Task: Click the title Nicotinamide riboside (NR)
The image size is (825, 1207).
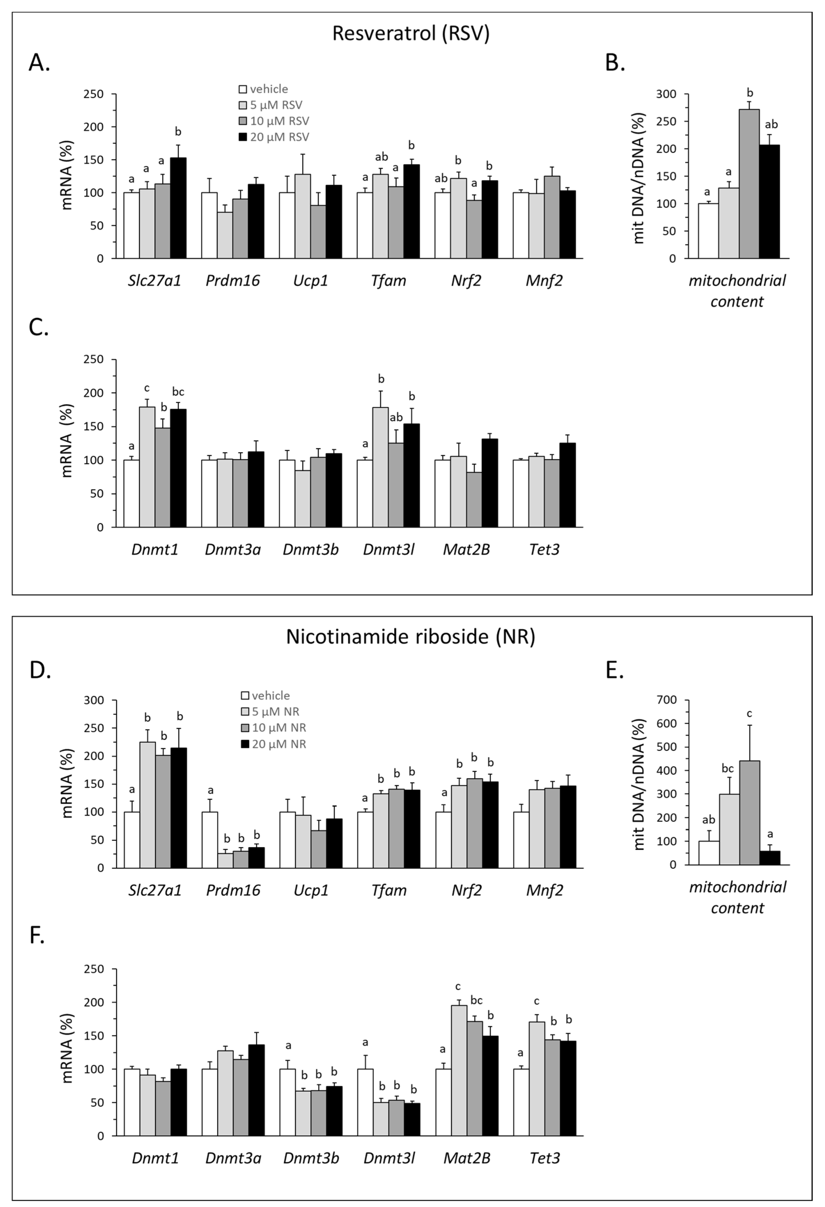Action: (411, 636)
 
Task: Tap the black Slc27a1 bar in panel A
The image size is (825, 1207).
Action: (178, 208)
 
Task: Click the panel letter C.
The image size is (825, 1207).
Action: (39, 328)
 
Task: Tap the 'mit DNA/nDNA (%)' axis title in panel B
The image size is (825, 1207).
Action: (638, 178)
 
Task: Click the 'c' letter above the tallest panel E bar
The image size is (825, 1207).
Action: (749, 714)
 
